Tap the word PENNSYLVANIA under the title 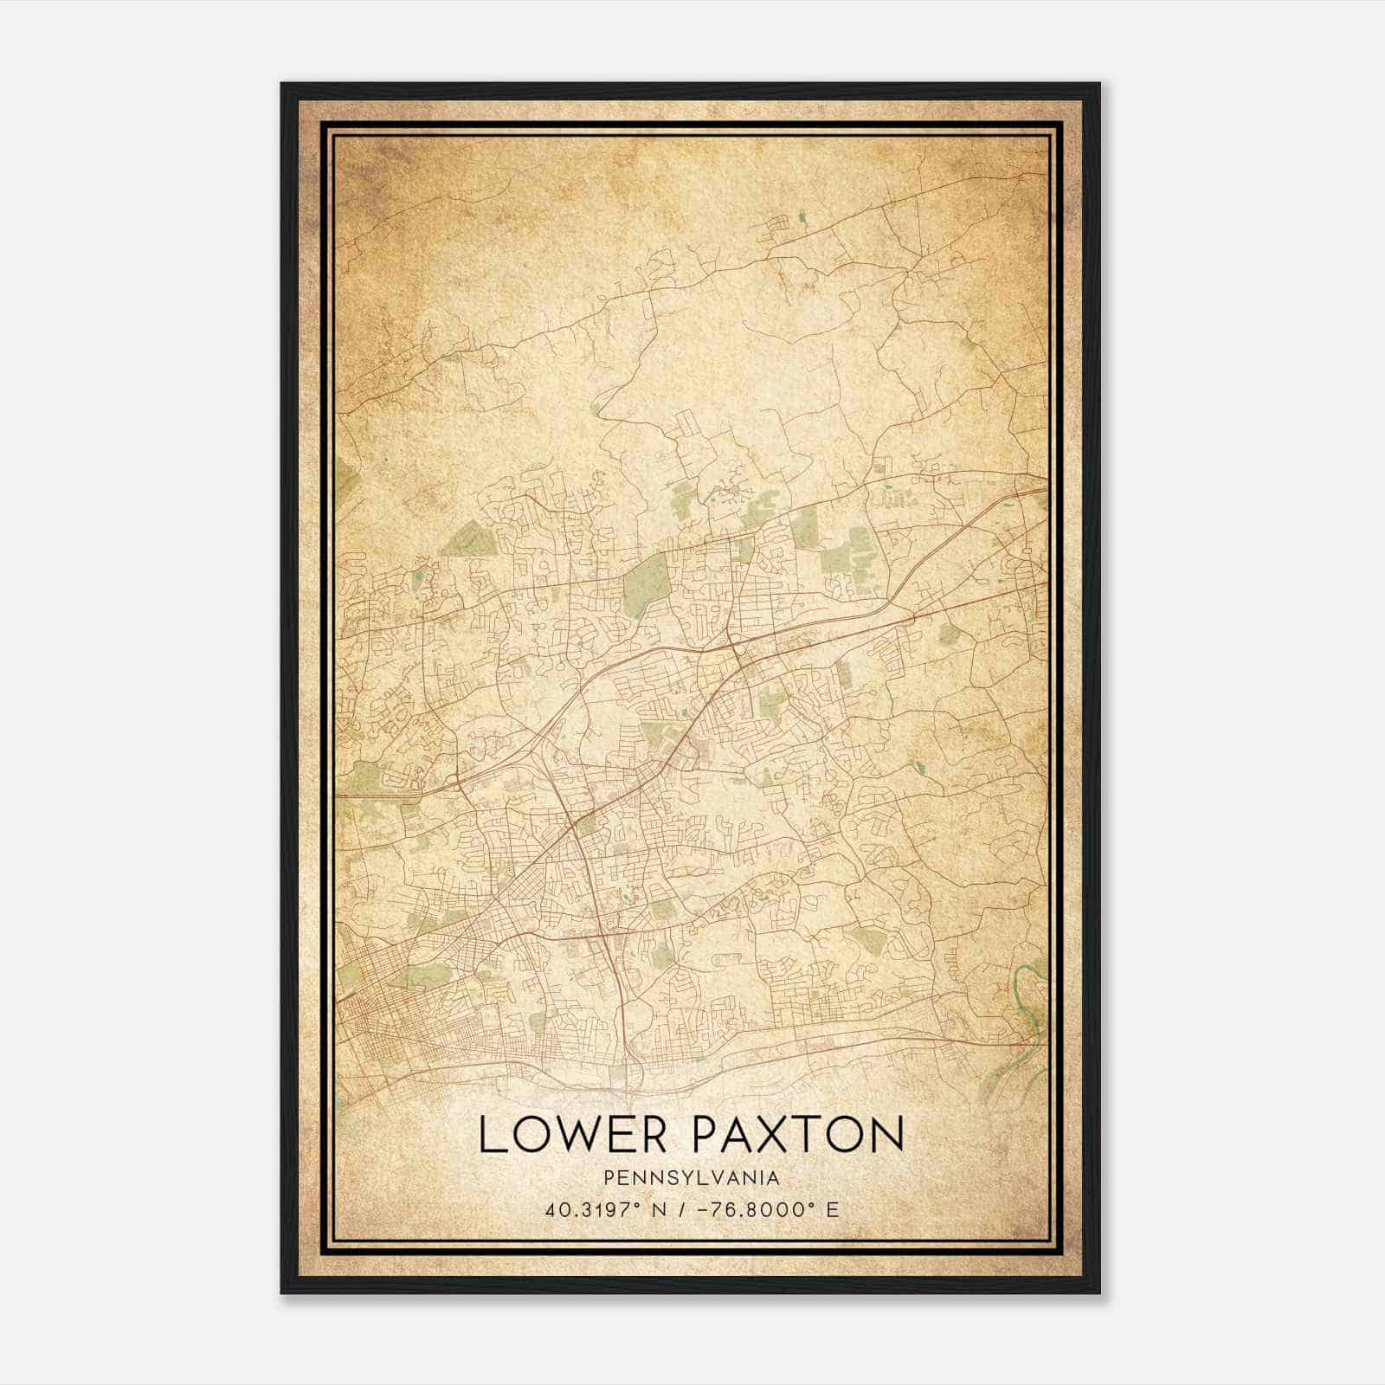pos(692,1178)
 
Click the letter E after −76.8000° pos(833,1209)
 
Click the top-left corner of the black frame pos(283,85)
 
